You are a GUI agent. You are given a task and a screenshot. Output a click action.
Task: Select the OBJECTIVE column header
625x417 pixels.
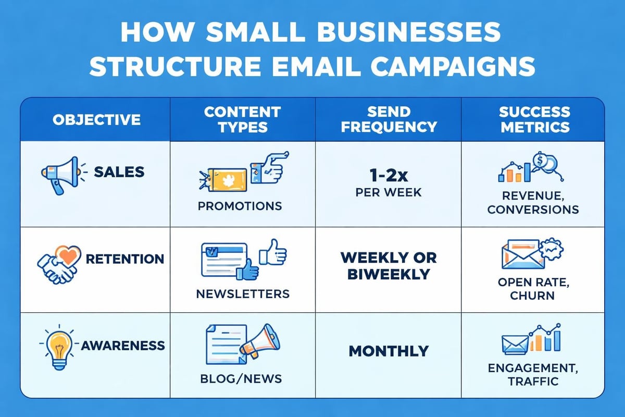point(96,119)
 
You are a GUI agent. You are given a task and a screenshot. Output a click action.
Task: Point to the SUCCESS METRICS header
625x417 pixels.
point(534,119)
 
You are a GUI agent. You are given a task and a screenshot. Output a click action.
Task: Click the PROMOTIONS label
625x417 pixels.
point(240,205)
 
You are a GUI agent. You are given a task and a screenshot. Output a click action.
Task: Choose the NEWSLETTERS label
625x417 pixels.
point(242,293)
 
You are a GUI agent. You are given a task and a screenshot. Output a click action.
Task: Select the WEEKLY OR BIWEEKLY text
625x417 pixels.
point(388,265)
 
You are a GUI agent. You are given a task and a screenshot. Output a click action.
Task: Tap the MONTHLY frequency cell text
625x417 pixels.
point(388,351)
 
